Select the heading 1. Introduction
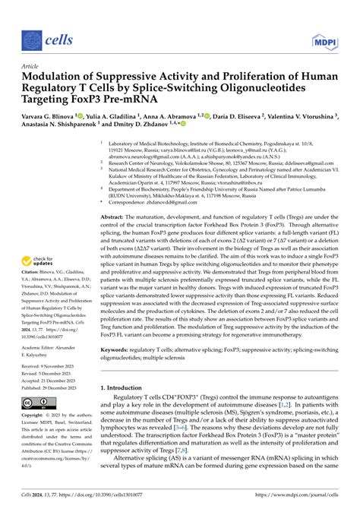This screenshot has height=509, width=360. pos(131,387)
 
